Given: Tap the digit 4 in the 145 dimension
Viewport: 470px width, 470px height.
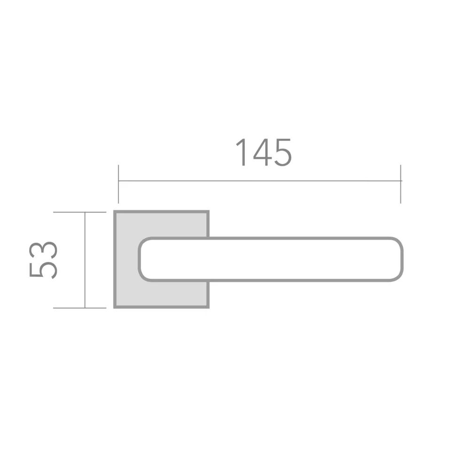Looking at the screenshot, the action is (x=263, y=152).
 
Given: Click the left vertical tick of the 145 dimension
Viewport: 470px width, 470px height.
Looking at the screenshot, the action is (x=118, y=184).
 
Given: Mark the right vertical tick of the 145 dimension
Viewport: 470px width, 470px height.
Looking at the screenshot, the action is (x=400, y=184).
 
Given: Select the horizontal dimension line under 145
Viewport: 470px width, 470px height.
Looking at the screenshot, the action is (x=259, y=181).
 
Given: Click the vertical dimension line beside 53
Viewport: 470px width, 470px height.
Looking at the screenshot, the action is (x=85, y=260).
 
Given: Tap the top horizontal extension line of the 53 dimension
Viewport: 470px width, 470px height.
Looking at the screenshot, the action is (x=80, y=212).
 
